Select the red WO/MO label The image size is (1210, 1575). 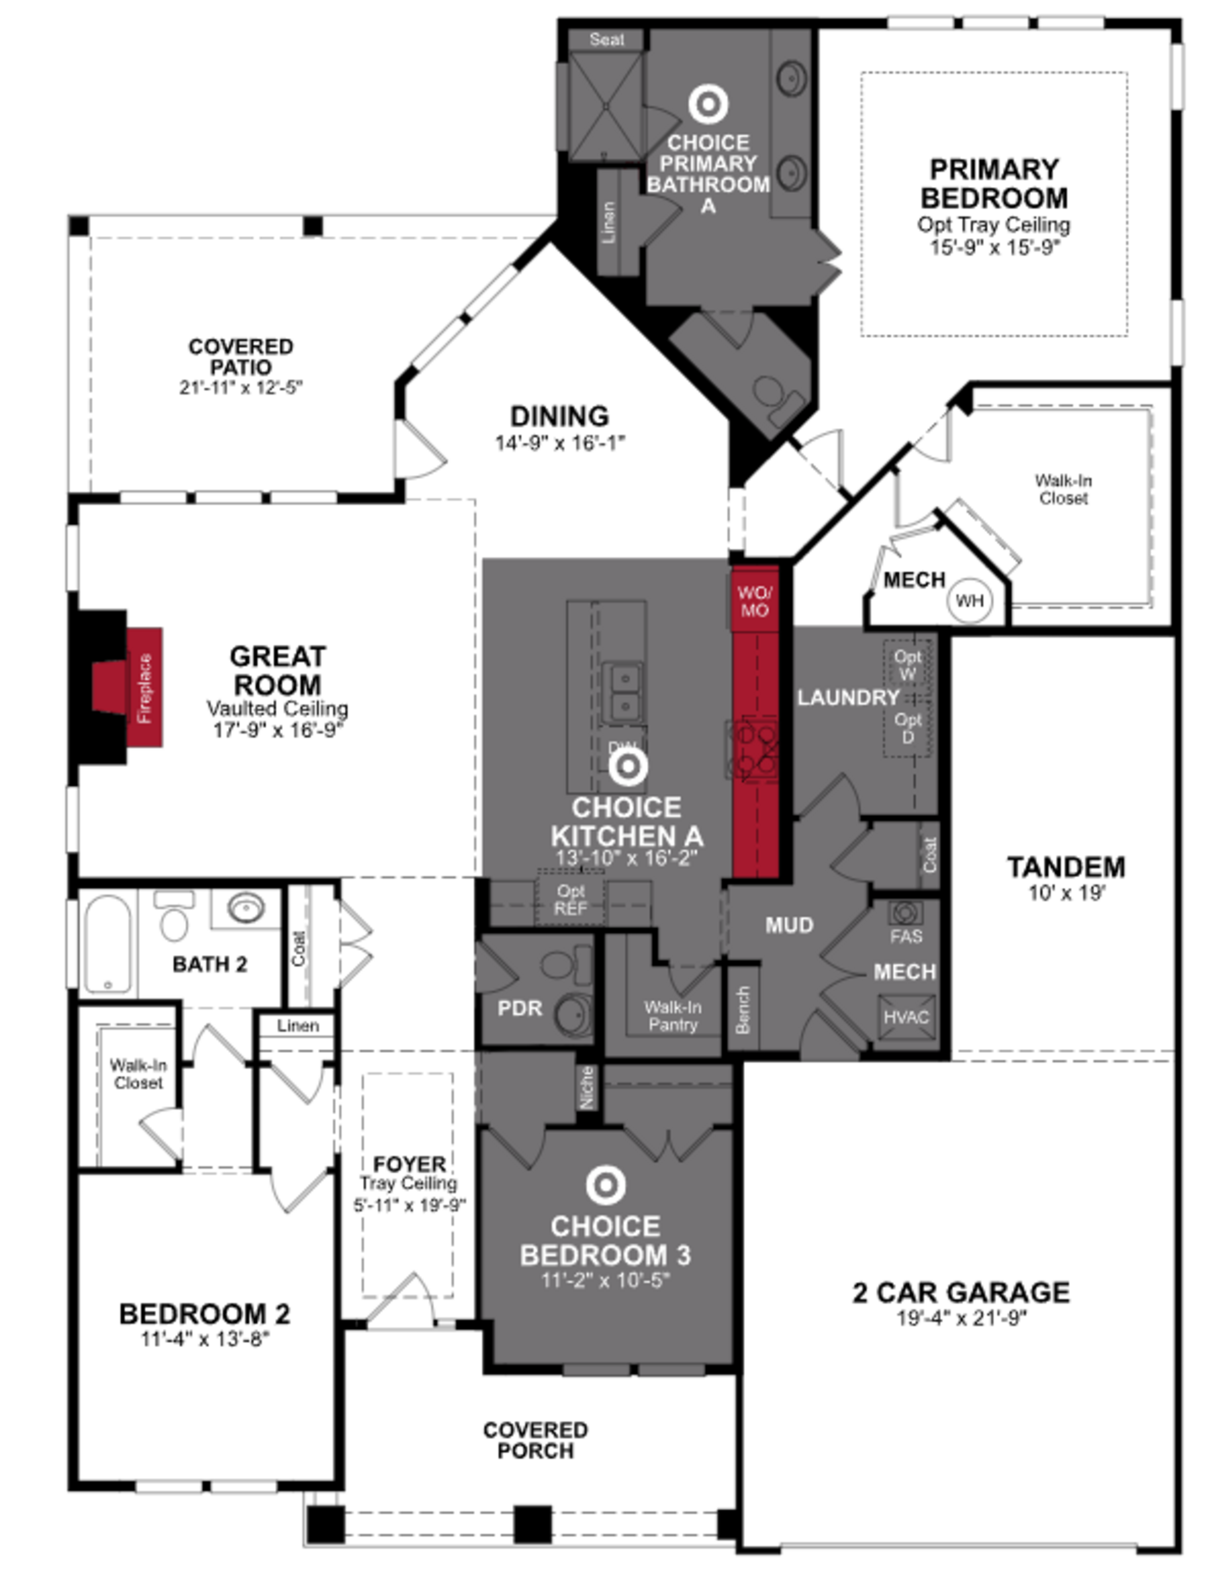(x=754, y=601)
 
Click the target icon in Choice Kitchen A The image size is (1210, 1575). (x=627, y=768)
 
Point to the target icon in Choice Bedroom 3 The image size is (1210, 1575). (x=605, y=1184)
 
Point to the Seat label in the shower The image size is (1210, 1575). (x=607, y=40)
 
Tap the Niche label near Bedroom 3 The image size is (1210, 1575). (x=587, y=1087)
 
